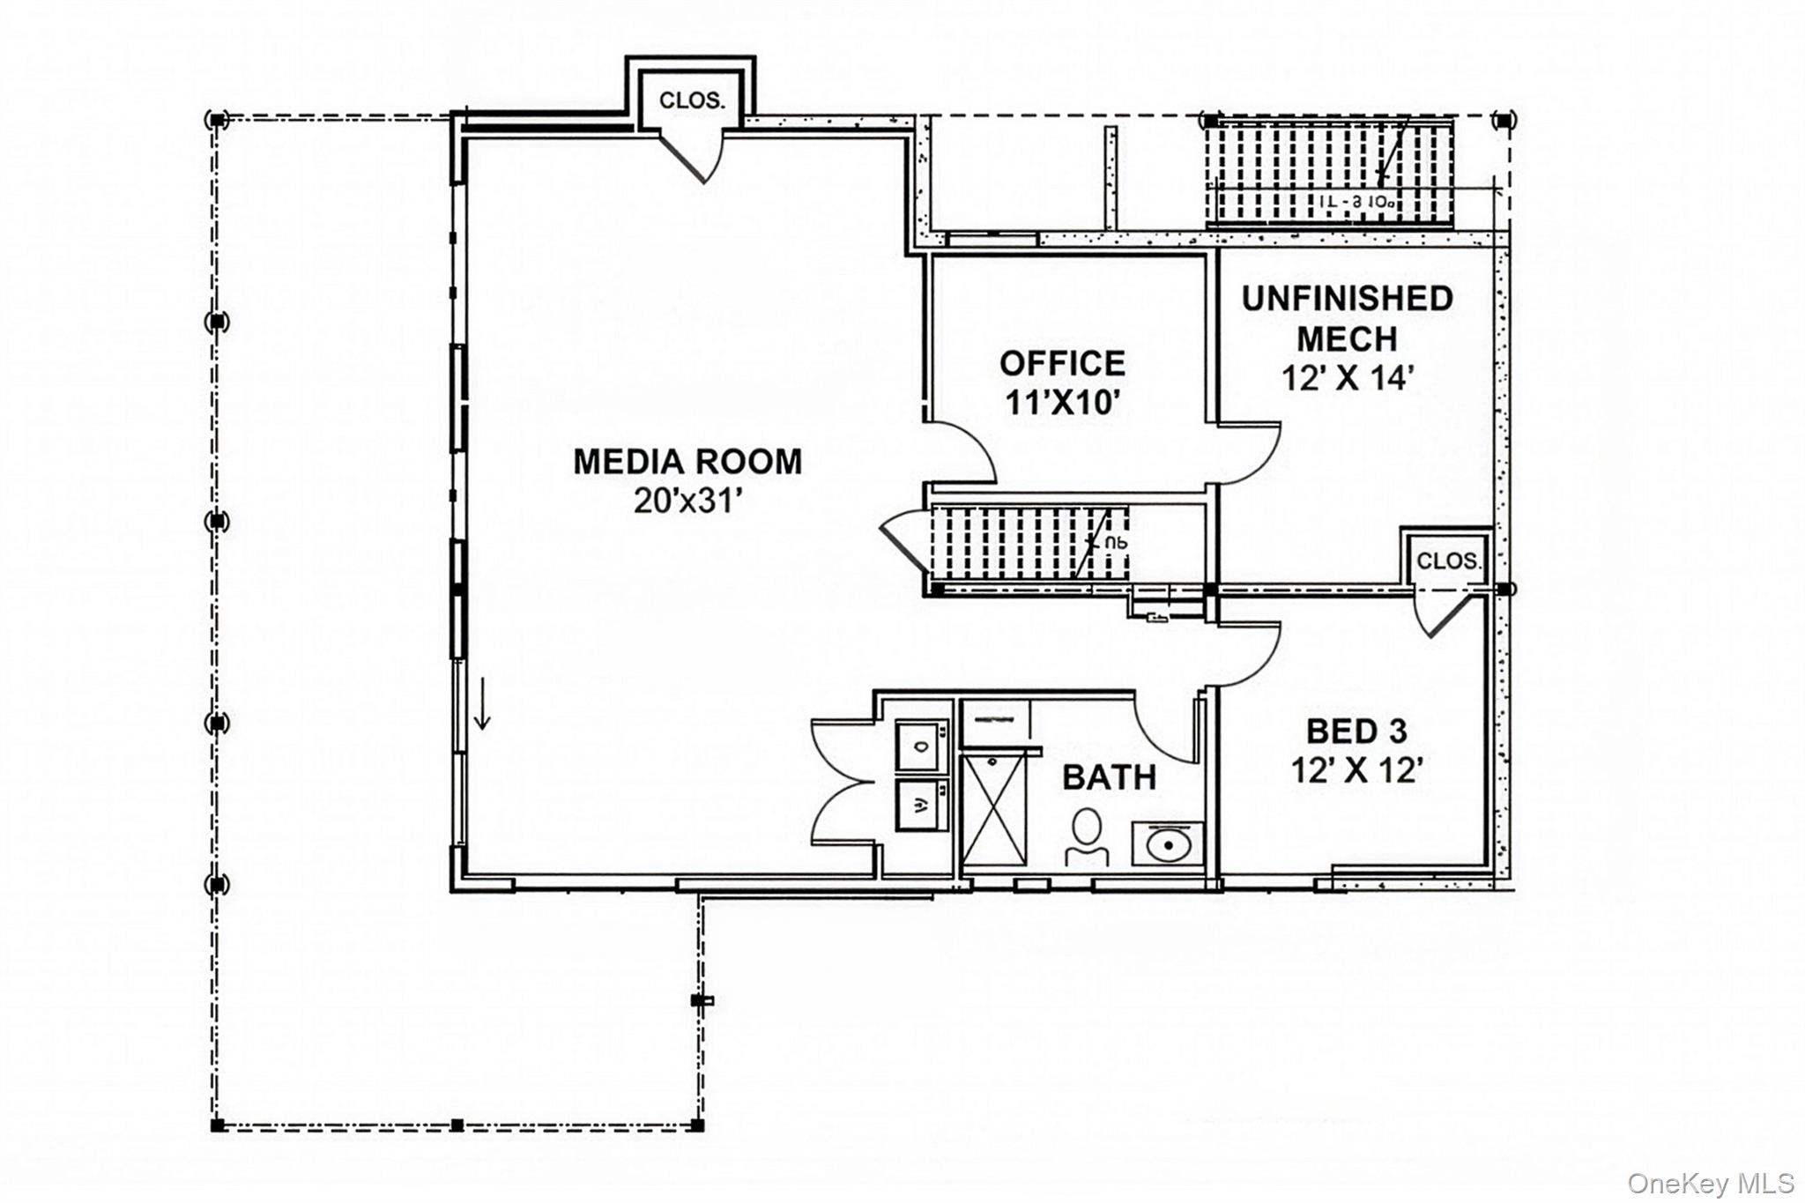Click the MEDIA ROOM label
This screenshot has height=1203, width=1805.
click(687, 462)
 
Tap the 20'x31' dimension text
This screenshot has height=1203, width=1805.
click(687, 501)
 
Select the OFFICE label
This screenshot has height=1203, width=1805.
click(1062, 363)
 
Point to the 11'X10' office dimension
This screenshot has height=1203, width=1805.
click(1062, 403)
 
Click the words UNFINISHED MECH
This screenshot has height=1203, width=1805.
click(1347, 318)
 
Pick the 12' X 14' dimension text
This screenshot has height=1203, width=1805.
click(1347, 378)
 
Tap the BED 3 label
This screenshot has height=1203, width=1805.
click(1356, 731)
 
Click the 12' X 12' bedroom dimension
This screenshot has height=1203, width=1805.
click(1356, 770)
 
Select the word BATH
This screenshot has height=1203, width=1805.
click(1109, 777)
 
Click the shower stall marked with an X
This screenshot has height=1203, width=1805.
click(994, 809)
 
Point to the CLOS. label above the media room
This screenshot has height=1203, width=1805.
click(692, 100)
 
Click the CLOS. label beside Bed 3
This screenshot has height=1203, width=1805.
click(1448, 561)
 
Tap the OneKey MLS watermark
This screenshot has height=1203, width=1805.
click(1710, 1183)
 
